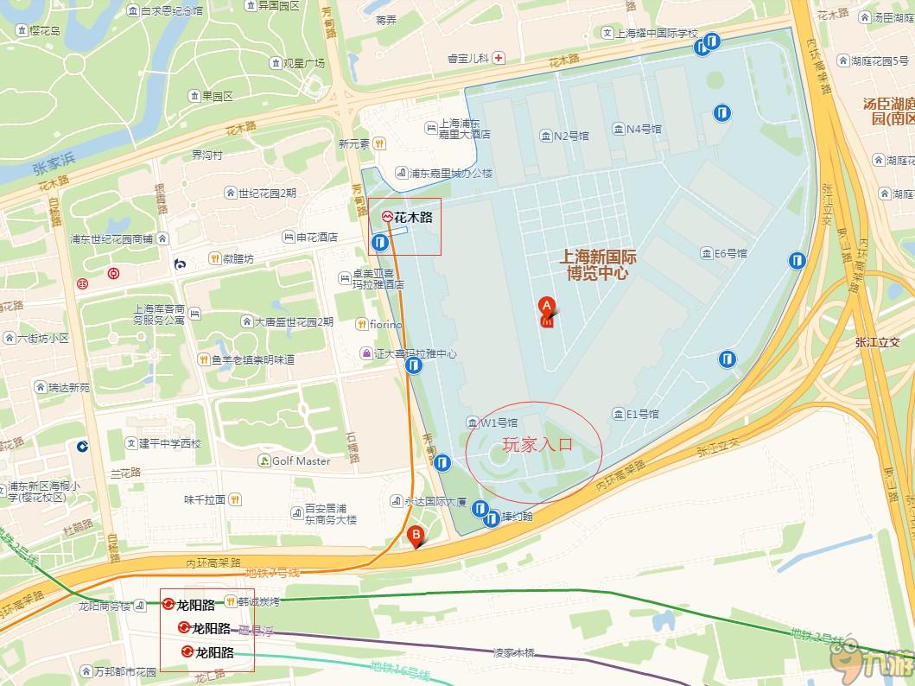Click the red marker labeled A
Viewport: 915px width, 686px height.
pos(546,308)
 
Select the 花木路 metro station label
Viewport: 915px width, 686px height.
pos(413,218)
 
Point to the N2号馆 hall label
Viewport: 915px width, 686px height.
pos(570,136)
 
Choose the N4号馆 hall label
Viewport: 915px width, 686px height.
pos(644,129)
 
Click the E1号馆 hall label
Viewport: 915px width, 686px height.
pos(642,415)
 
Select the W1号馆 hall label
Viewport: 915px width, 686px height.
pos(499,423)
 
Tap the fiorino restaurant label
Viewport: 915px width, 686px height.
pos(385,324)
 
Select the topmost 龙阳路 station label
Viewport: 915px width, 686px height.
pos(195,605)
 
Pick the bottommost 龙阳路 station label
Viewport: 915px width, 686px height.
pos(214,652)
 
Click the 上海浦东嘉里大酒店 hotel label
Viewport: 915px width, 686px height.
pos(464,129)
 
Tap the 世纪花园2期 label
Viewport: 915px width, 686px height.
pos(267,193)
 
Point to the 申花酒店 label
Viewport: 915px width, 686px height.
pos(316,237)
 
